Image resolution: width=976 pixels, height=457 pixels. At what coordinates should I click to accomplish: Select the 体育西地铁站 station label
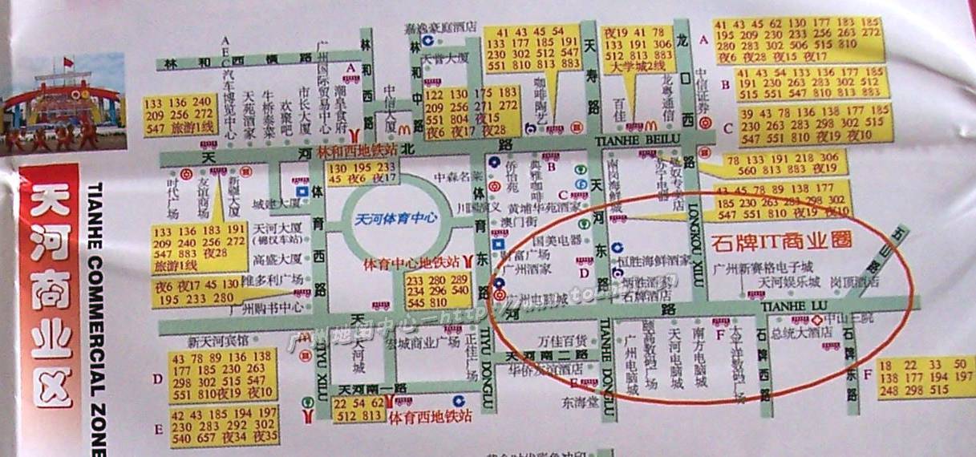429,417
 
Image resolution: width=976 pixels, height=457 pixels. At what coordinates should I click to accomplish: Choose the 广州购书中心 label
265,307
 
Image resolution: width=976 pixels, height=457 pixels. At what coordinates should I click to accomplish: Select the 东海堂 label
580,402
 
